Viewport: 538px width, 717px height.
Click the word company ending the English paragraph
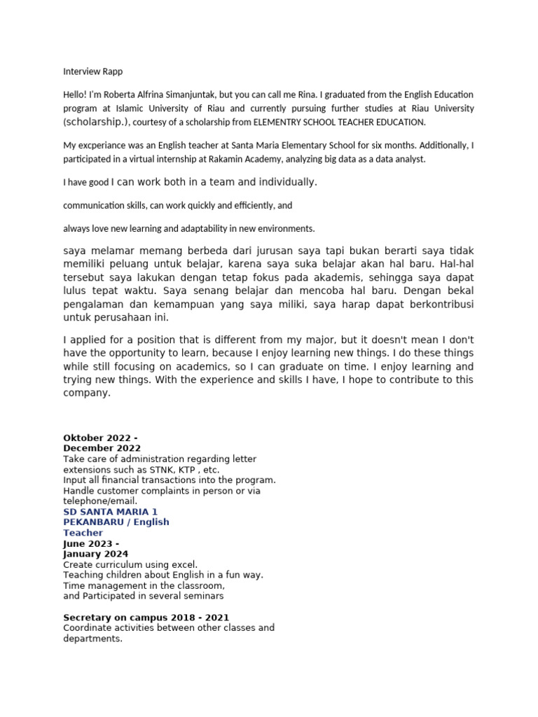coord(87,394)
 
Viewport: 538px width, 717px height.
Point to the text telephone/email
coord(100,501)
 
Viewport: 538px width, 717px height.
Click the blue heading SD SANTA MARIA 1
coord(110,512)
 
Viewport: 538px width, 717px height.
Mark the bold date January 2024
coord(95,554)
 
